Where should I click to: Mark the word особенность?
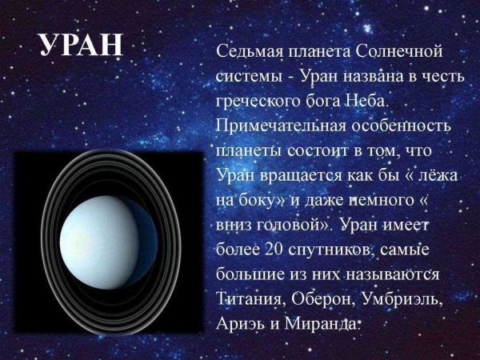[403, 127]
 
